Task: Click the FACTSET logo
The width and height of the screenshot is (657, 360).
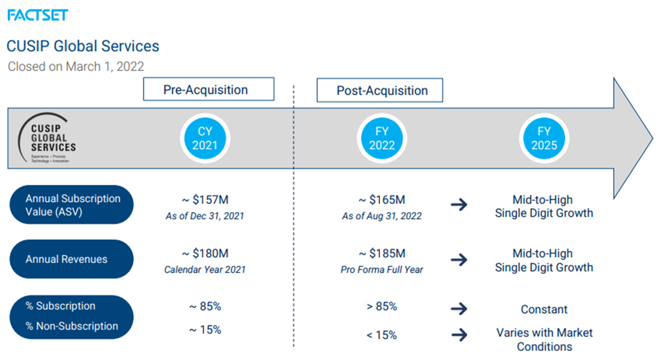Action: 38,14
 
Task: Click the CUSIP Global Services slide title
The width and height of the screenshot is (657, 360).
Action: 82,46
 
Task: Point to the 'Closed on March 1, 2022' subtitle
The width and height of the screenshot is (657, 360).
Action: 76,66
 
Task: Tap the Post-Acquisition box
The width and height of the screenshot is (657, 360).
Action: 379,90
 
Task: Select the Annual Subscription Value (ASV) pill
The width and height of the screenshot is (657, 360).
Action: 72,205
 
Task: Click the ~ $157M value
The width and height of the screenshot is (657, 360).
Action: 205,200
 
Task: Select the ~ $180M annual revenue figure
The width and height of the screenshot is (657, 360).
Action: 205,254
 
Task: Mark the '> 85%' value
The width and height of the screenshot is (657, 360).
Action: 382,306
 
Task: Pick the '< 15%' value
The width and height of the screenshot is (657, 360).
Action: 382,335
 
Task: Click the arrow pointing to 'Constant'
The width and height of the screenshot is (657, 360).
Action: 459,309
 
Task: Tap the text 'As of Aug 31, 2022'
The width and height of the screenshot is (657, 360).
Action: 382,216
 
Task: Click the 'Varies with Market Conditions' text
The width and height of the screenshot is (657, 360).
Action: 544,339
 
